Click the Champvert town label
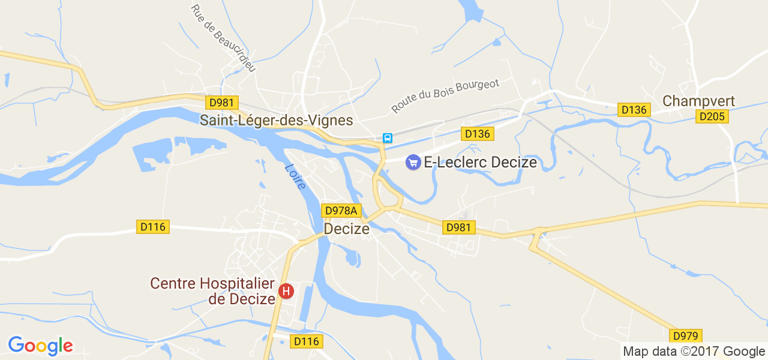(x=698, y=101)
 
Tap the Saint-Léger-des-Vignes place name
(x=276, y=121)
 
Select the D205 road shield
(x=712, y=116)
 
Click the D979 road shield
(x=686, y=336)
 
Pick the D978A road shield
(x=341, y=211)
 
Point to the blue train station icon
(x=388, y=138)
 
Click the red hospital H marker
(x=286, y=292)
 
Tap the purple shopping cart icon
(x=413, y=162)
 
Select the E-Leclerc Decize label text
(x=480, y=163)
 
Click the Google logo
(x=40, y=346)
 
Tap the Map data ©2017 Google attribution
(x=694, y=352)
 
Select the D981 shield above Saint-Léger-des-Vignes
(x=221, y=103)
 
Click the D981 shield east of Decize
(x=459, y=227)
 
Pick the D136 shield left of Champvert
(x=634, y=110)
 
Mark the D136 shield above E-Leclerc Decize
(x=477, y=134)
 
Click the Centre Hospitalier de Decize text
(x=212, y=290)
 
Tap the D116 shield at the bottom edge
(x=307, y=341)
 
